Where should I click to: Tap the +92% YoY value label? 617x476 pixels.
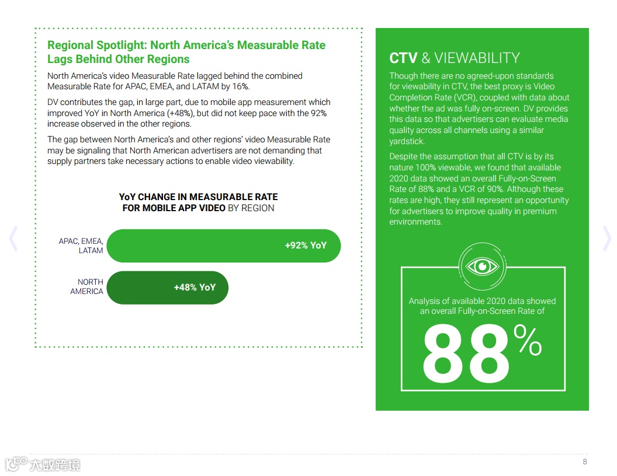(306, 246)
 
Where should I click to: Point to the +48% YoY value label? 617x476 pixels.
(195, 288)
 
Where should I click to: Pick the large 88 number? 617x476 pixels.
(466, 354)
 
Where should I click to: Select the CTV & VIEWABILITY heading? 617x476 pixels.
(454, 58)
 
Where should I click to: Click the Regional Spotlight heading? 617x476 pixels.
(186, 52)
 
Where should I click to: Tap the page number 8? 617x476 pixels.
(585, 462)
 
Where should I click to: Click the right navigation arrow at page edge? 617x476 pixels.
(607, 238)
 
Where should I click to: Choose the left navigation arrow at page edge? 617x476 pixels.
(13, 238)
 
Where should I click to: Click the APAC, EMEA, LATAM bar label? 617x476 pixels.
(81, 246)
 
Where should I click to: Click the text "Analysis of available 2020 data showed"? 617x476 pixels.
(482, 301)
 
